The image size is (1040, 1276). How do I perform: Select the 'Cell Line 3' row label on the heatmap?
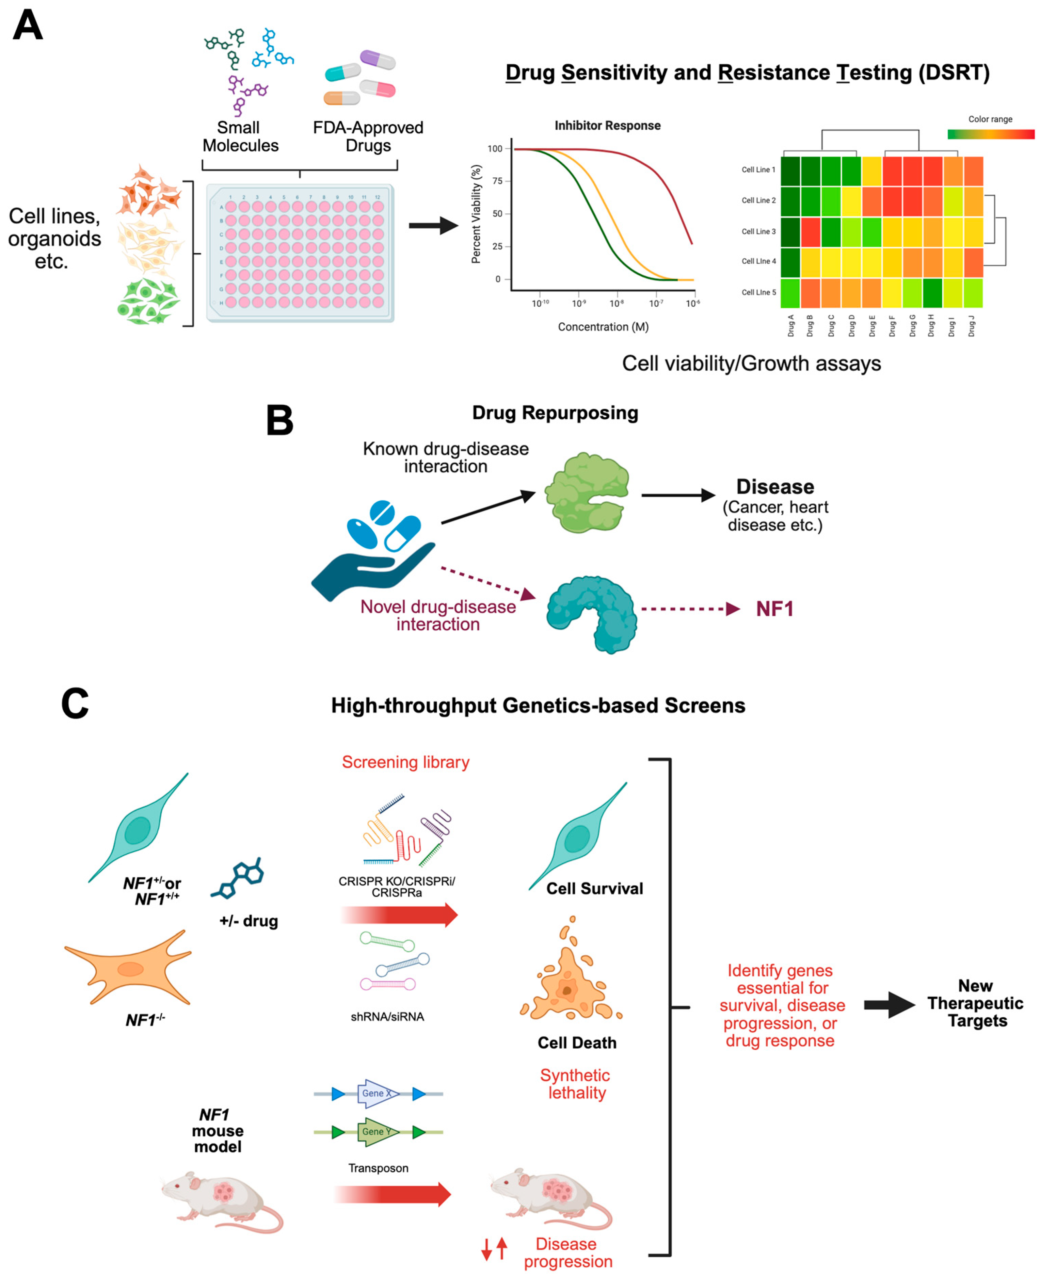pyautogui.click(x=758, y=231)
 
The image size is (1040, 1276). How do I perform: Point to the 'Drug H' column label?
pyautogui.click(x=931, y=325)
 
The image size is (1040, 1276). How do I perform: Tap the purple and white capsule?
pyautogui.click(x=378, y=59)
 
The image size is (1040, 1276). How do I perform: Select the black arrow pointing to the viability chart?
pyautogui.click(x=433, y=226)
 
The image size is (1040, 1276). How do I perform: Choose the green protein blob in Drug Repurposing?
pyautogui.click(x=587, y=492)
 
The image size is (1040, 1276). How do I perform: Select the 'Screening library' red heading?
pyautogui.click(x=405, y=762)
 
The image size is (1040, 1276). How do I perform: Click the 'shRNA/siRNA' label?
pyautogui.click(x=387, y=1017)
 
